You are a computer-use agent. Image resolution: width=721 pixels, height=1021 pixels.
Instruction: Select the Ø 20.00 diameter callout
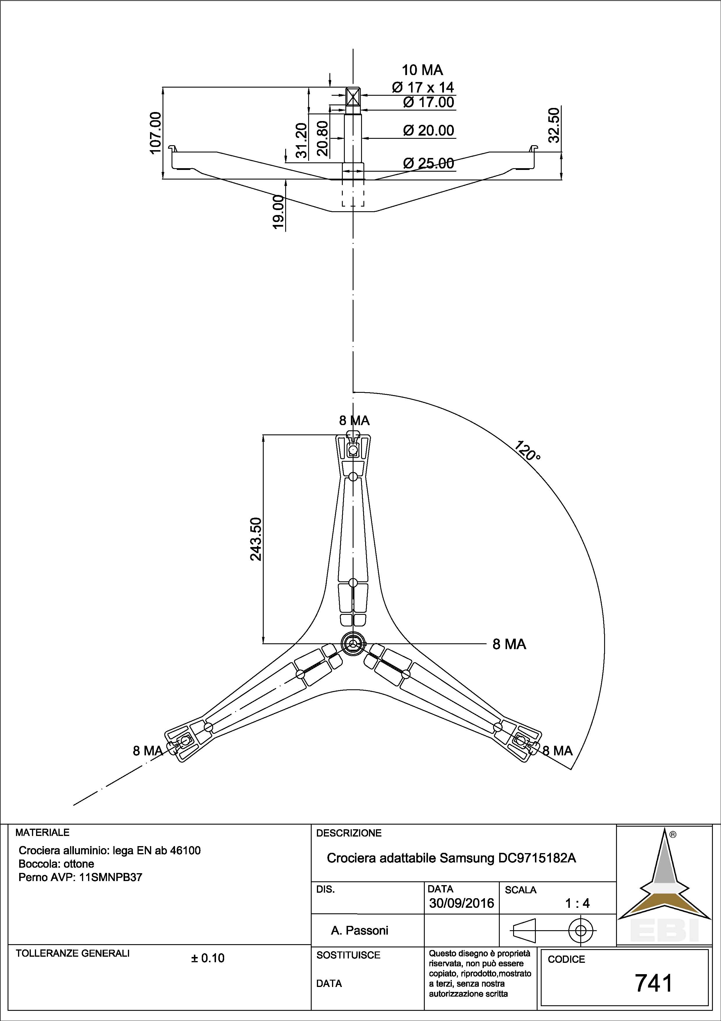click(428, 131)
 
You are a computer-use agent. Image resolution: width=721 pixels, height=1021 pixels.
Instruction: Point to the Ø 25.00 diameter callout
click(428, 163)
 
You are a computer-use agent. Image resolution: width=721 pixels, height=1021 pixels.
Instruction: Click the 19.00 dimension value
click(278, 212)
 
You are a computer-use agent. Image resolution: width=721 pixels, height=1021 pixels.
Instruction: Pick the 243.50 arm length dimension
click(256, 539)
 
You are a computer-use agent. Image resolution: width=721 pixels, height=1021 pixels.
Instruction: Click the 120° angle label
click(528, 451)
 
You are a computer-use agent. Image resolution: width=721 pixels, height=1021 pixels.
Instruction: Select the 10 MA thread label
click(422, 70)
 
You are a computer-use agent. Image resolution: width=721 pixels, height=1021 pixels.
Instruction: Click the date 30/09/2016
click(462, 903)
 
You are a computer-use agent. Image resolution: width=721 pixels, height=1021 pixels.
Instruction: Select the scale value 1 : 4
click(577, 903)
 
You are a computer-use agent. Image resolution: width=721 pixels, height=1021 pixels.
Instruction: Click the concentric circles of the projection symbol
click(581, 930)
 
